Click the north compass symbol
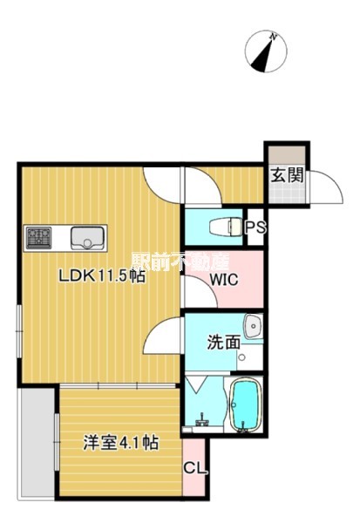pos(266,51)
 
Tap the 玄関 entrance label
pos(287,175)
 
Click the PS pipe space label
pos(255,228)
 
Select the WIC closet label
pos(224,280)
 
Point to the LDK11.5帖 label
pos(102,275)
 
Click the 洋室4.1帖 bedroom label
pos(121,443)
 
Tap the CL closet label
pos(195,469)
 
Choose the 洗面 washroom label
pos(224,343)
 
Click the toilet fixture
pos(226,228)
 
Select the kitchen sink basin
pos(87,237)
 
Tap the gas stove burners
pos(39,237)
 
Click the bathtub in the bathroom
pos(245,404)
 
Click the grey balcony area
pos(37,444)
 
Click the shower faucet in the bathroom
pos(202,421)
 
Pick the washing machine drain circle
pos(242,357)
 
